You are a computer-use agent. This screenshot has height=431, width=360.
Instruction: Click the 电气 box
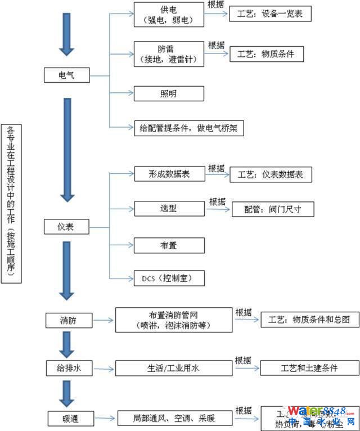click(x=66, y=75)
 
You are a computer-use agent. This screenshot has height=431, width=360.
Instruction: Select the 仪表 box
click(x=66, y=227)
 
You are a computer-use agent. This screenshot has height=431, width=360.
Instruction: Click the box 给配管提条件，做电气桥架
click(x=188, y=128)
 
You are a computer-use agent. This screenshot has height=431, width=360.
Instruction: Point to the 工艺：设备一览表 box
click(x=270, y=14)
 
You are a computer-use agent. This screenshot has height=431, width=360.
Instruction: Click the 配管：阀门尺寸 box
click(x=273, y=209)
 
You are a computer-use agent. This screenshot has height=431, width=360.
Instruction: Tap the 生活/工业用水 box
click(x=173, y=369)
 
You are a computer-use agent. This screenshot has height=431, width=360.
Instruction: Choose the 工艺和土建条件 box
click(x=309, y=368)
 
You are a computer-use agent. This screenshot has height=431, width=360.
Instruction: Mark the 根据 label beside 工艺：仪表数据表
click(x=216, y=168)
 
